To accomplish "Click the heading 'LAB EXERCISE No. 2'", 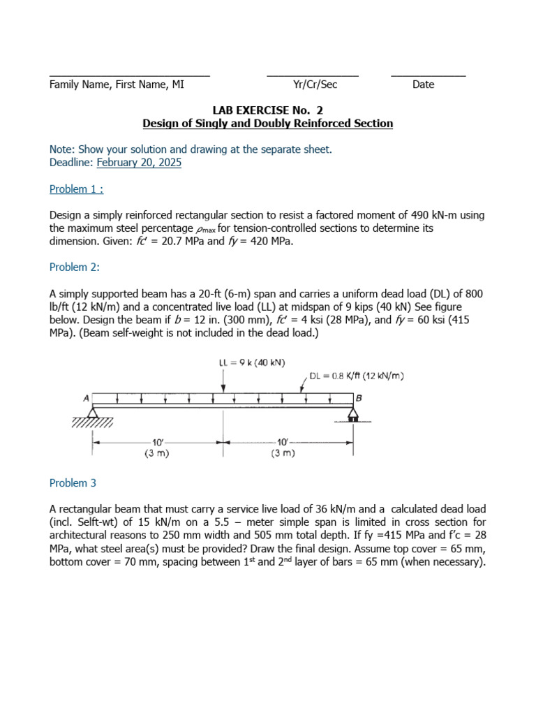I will tap(267, 110).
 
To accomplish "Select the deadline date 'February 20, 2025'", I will tap(139, 163).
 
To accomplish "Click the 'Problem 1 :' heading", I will tap(76, 189).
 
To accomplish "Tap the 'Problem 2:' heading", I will tap(75, 267).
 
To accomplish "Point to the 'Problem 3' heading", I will tap(73, 483).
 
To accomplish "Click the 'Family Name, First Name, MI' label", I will tap(117, 84).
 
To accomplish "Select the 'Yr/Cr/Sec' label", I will tap(315, 84).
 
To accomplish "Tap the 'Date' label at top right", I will tap(423, 84).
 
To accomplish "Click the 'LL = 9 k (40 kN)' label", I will tap(252, 362).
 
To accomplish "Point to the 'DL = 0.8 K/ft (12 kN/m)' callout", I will tap(357, 376).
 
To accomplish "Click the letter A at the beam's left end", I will tap(87, 398).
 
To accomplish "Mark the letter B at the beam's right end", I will tap(359, 398).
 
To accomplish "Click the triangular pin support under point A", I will tap(94, 413).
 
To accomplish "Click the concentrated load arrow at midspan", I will tap(223, 381).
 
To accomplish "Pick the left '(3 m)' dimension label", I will tap(157, 453).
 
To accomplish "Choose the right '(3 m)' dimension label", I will tap(283, 453).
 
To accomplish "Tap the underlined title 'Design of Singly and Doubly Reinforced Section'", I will tap(267, 124).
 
